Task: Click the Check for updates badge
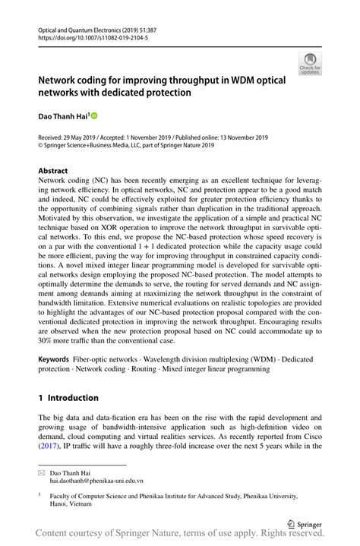click(x=309, y=64)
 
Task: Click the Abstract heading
click(x=52, y=171)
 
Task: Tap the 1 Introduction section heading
click(x=68, y=398)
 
